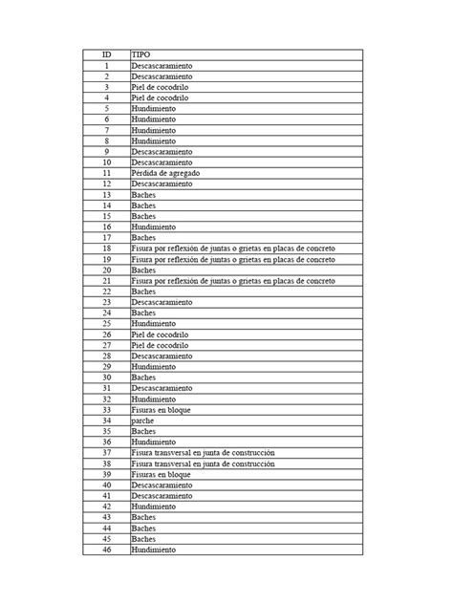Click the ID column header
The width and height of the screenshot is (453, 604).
[x=107, y=54]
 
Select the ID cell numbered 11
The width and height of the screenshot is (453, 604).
[x=107, y=173]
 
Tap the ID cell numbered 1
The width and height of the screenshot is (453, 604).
[x=107, y=65]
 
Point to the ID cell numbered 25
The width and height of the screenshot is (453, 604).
[x=107, y=323]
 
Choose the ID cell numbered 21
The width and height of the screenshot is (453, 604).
[x=107, y=280]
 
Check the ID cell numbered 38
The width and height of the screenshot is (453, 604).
[x=107, y=464]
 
